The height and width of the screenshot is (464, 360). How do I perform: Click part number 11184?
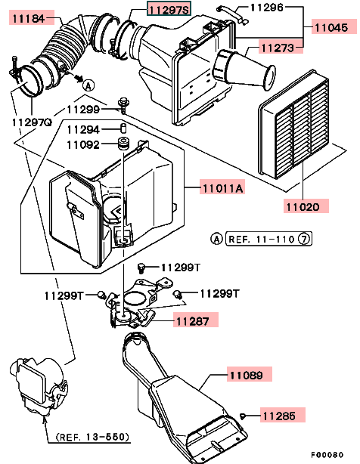(x=29, y=19)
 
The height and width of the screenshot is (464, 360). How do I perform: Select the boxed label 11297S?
(x=169, y=9)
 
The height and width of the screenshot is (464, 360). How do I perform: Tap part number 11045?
(x=331, y=27)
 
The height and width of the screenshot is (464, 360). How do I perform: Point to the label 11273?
(x=278, y=48)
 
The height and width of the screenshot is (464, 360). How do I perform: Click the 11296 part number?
(x=267, y=7)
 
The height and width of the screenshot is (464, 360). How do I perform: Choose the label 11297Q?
(x=32, y=122)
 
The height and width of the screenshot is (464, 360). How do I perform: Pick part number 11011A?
(x=222, y=188)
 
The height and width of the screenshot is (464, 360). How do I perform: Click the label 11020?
(x=303, y=206)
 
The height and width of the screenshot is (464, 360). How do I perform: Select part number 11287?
(x=193, y=320)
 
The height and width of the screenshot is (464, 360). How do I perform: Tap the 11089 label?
(x=247, y=376)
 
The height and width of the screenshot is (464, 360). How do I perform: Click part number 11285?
(x=279, y=416)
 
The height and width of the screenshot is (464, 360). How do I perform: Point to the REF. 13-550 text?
(x=93, y=437)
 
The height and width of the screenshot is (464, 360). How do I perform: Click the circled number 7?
(x=304, y=239)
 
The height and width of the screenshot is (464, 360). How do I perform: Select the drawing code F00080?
(x=327, y=454)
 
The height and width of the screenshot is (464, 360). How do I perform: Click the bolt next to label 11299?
(x=122, y=105)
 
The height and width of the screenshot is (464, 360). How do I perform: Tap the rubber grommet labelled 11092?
(x=123, y=144)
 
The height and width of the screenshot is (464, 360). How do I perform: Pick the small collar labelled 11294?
(x=123, y=129)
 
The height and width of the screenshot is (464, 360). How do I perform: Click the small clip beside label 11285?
(x=243, y=416)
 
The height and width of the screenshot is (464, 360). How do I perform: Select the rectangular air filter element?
(x=294, y=124)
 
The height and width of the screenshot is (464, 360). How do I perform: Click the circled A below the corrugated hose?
(x=88, y=86)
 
